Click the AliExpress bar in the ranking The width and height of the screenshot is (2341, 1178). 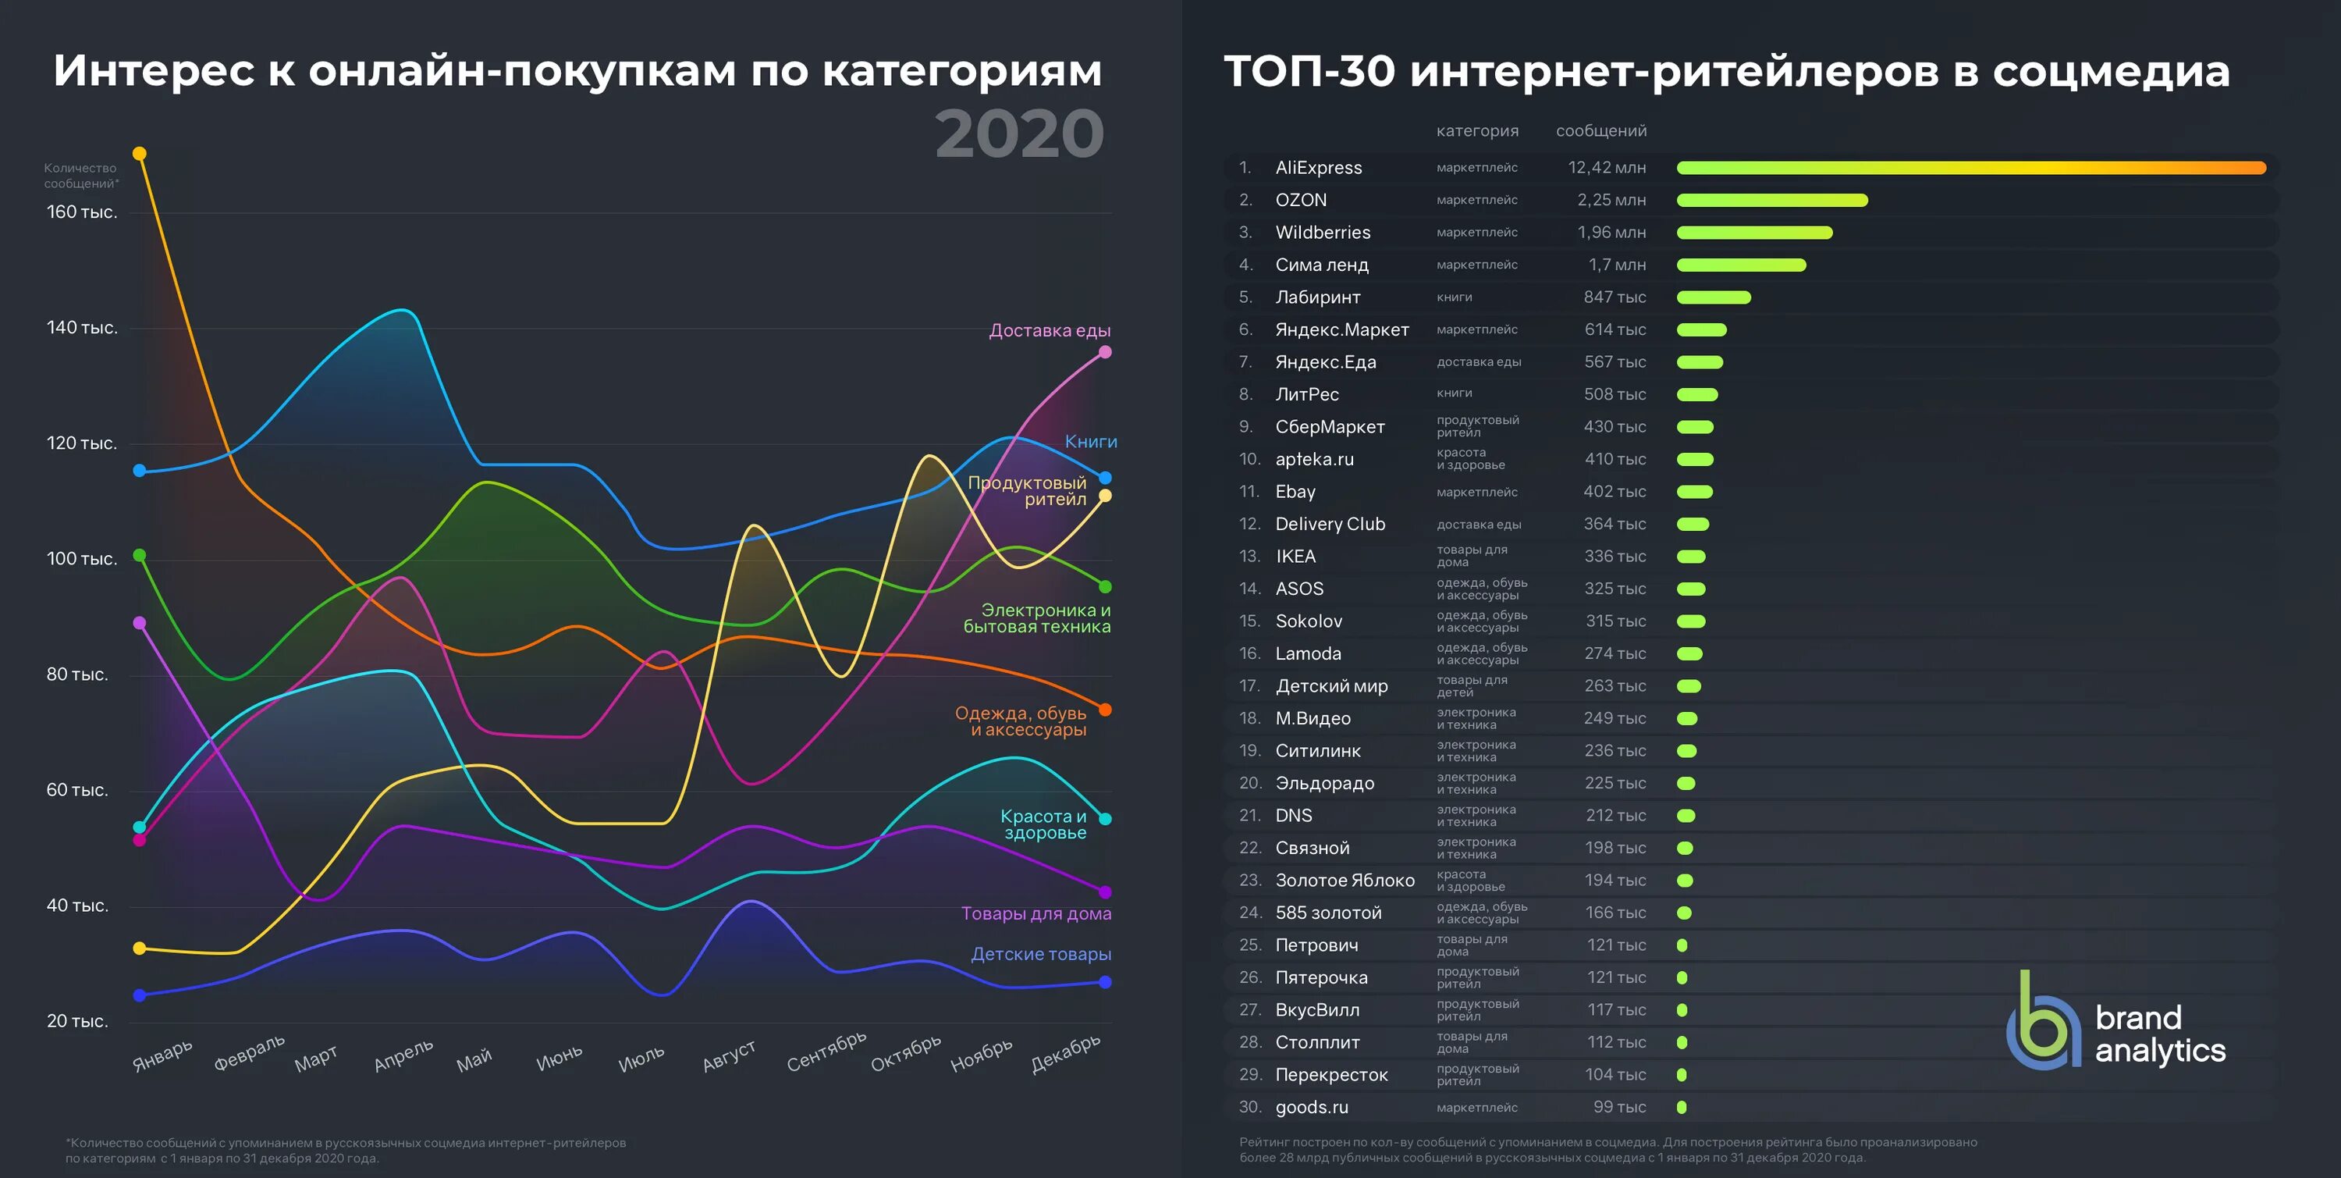[1970, 167]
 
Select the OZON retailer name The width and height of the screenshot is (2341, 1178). [1301, 200]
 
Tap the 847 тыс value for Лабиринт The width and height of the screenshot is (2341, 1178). [1614, 297]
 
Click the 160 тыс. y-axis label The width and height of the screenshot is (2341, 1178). [82, 212]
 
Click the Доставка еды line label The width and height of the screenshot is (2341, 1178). [1049, 330]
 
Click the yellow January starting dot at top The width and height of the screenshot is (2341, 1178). [139, 154]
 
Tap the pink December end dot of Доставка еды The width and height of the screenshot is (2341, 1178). [1105, 352]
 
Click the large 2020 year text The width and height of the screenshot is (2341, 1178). [1019, 133]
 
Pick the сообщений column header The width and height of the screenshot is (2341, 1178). [1600, 131]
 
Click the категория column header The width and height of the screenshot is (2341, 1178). [1476, 131]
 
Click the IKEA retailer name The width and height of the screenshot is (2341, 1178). [1295, 557]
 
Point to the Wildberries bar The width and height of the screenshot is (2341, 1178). [1754, 233]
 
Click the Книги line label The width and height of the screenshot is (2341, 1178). [1091, 442]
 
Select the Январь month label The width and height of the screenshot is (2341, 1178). [162, 1055]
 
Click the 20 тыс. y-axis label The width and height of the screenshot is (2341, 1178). [77, 1021]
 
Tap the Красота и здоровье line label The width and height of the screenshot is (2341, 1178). [1043, 824]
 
